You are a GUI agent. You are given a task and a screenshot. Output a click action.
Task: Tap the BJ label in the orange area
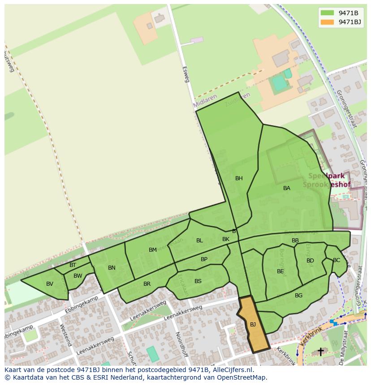coord(253,325)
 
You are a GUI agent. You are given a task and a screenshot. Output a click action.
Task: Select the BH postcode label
coord(239,178)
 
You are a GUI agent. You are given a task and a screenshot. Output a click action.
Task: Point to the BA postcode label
coord(287,188)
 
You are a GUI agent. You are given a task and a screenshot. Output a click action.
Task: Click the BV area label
coord(50,284)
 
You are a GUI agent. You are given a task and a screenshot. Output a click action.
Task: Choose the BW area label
coord(78,276)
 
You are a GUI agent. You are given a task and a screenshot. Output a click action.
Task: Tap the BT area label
coord(73,265)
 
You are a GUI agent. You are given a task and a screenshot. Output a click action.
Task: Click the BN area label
coord(112,268)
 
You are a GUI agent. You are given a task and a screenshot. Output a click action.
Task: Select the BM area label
coord(153,250)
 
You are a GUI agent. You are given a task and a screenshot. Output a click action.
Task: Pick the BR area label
coord(147,284)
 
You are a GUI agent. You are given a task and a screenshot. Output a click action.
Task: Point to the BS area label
coord(198,281)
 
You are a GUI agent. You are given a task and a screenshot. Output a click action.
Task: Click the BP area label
coord(204,259)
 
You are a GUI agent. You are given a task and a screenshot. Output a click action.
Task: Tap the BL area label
coord(199,241)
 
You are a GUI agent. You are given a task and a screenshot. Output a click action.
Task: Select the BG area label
coord(299,296)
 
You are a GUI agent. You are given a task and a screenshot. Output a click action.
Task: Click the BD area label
coord(310,261)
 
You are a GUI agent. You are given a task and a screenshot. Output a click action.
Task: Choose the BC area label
coord(336,260)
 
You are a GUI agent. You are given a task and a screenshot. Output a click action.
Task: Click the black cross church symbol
coord(320,352)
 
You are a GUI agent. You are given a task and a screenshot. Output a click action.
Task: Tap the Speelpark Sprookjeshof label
coord(326,180)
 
